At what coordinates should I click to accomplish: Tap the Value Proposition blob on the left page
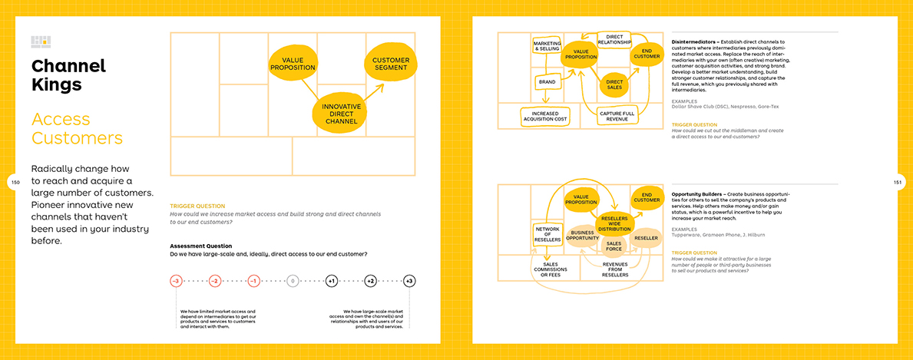(x=293, y=64)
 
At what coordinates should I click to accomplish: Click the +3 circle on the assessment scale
(x=409, y=281)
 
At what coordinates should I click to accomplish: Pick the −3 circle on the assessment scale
(x=176, y=281)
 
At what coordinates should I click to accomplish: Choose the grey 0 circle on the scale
(x=293, y=281)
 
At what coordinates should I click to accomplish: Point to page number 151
(x=897, y=182)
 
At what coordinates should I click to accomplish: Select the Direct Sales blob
(x=614, y=84)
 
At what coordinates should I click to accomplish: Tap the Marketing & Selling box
(x=547, y=45)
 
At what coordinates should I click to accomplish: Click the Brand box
(x=547, y=81)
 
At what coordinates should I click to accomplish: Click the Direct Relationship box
(x=614, y=38)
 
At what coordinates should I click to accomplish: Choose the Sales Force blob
(x=614, y=246)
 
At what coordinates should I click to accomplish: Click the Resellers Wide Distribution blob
(x=614, y=223)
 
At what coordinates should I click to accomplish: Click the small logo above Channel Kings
(x=41, y=41)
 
